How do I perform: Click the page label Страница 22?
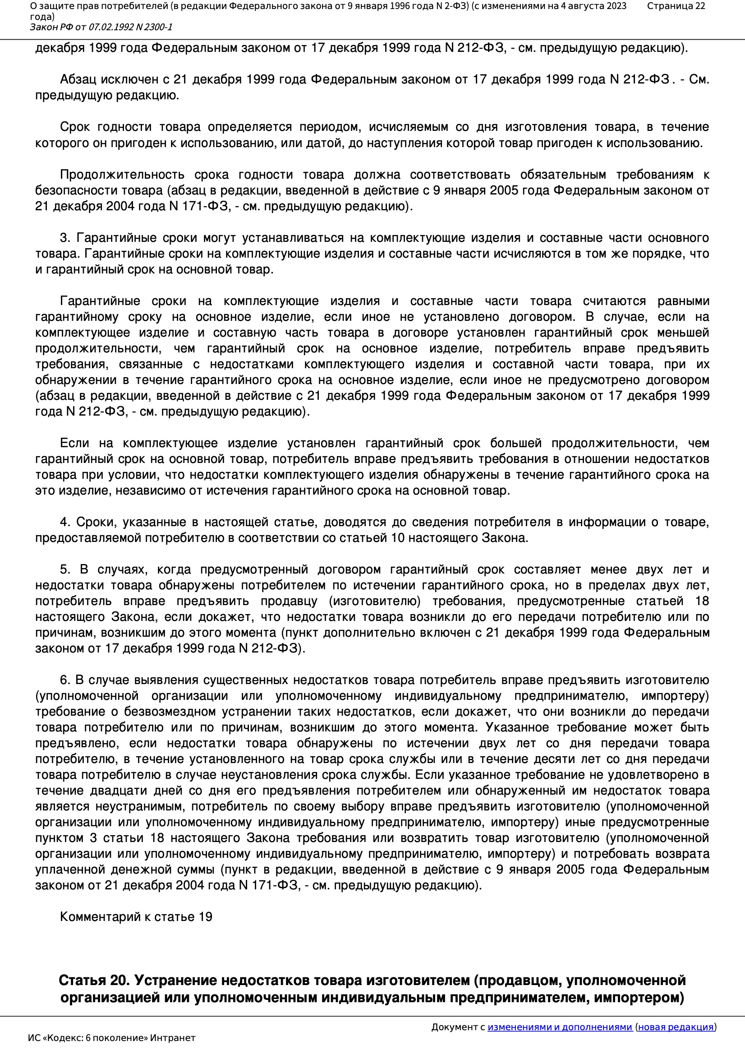(x=676, y=6)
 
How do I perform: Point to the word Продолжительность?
(x=122, y=175)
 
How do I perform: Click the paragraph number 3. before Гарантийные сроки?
(x=65, y=237)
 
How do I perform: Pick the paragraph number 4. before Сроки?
(x=65, y=522)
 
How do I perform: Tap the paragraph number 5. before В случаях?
(x=65, y=569)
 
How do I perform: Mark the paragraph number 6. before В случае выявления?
(x=65, y=680)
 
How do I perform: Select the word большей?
(x=515, y=443)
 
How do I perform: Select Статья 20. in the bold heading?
(x=94, y=980)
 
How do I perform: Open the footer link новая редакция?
(x=676, y=1027)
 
